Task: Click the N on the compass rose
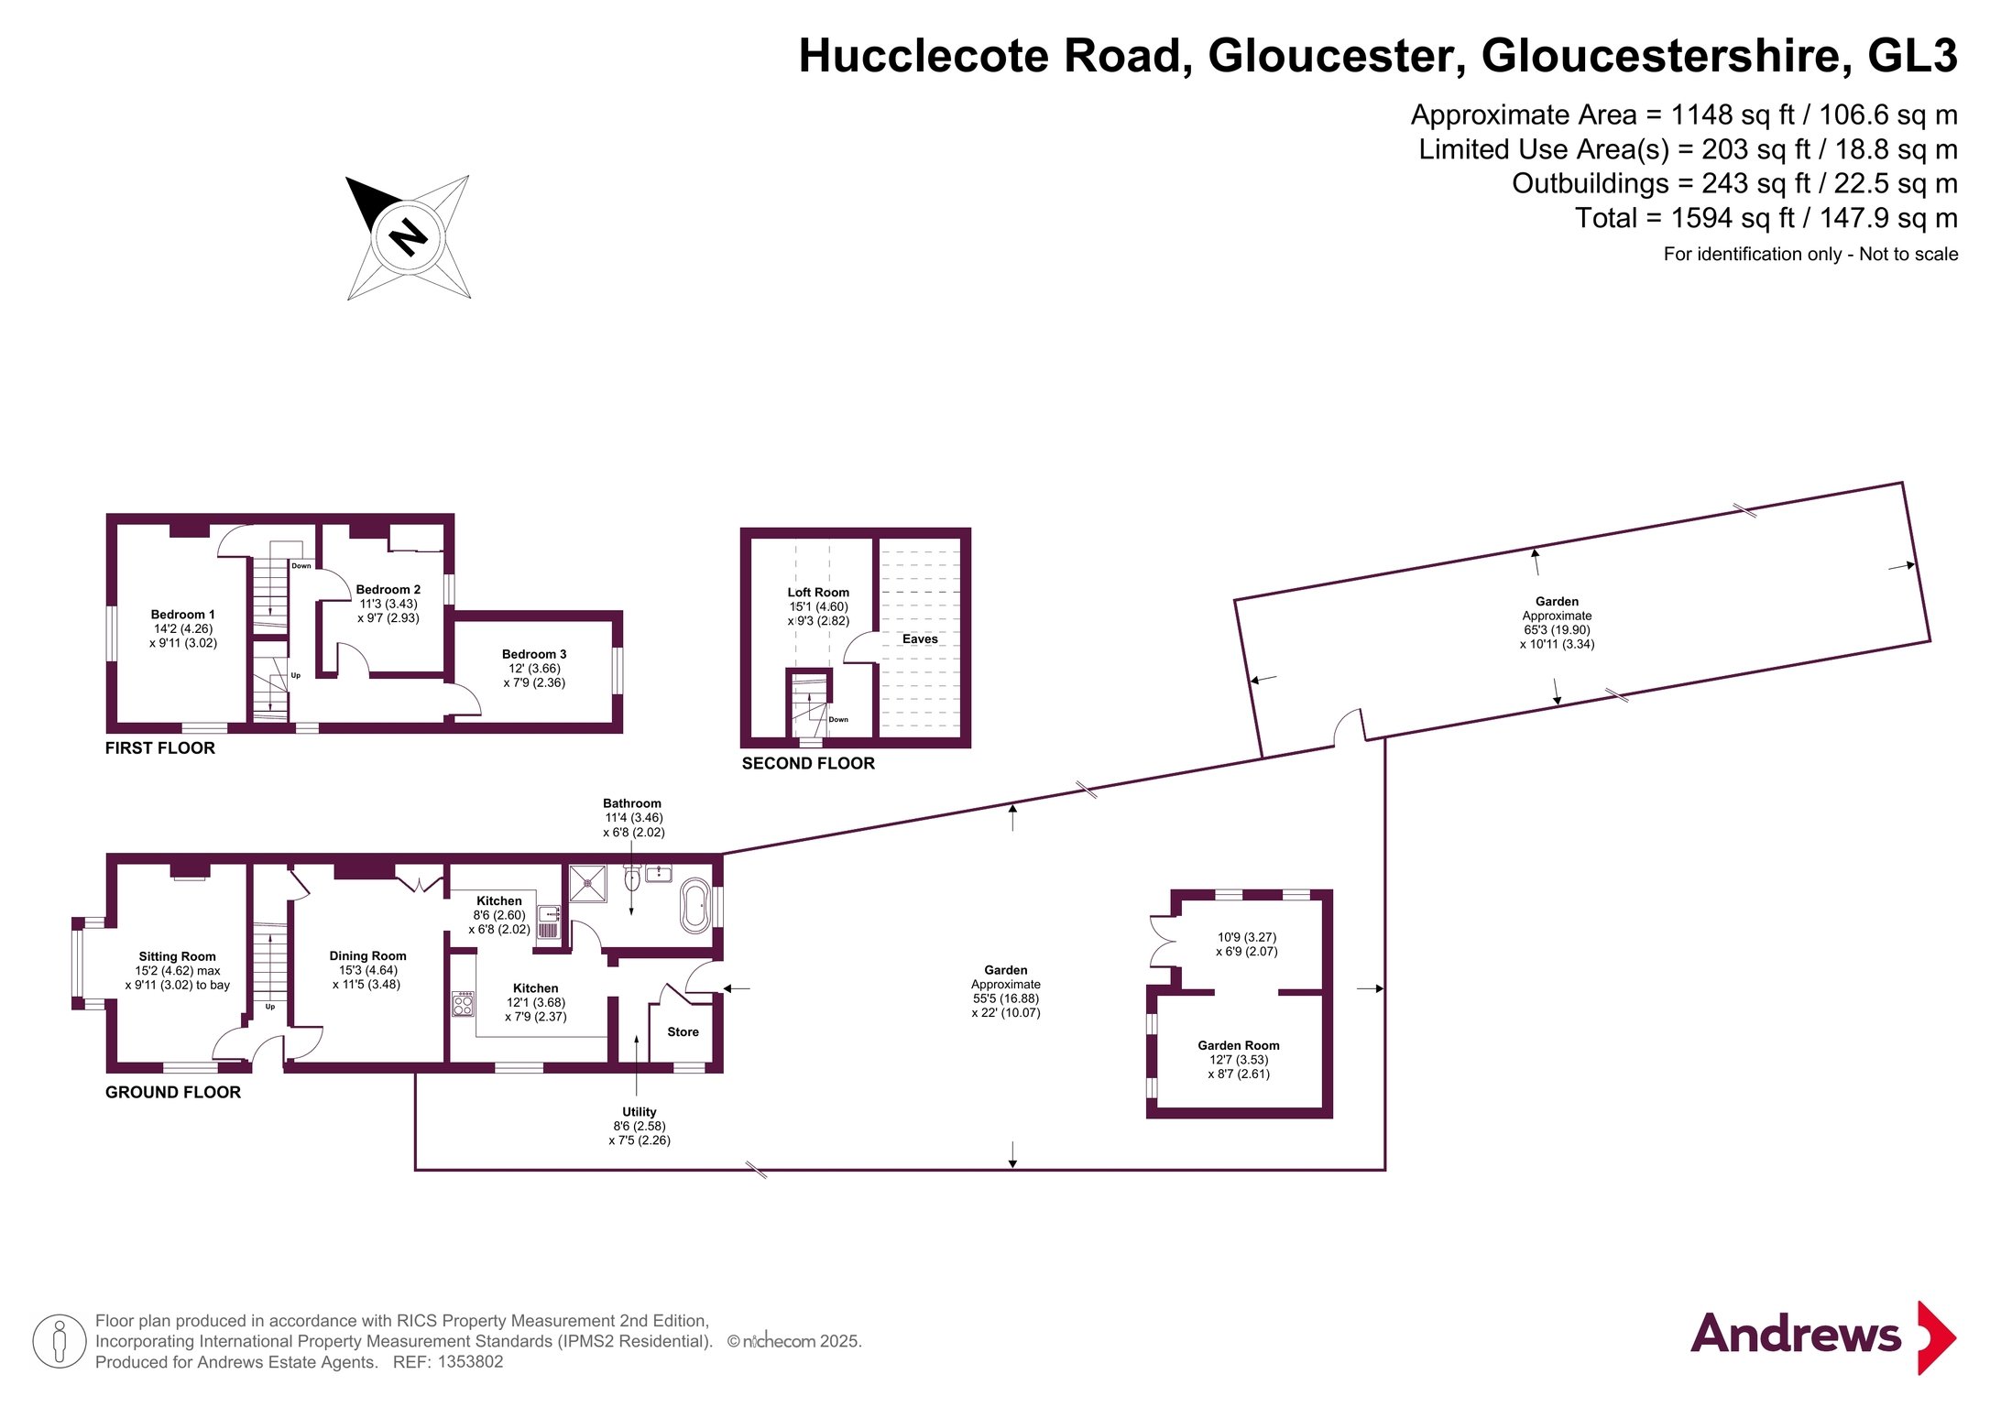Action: (x=409, y=238)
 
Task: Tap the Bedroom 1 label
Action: (x=183, y=615)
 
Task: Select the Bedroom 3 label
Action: (x=534, y=654)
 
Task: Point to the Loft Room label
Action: (x=818, y=593)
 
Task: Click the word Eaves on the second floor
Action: (x=920, y=639)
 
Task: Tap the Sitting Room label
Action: (x=178, y=956)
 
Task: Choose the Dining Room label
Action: (x=367, y=955)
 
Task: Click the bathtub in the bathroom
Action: (x=694, y=906)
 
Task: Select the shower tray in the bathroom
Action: (x=587, y=883)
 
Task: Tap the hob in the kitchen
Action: (x=464, y=1004)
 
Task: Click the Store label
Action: (x=683, y=1032)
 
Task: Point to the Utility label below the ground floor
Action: (x=640, y=1112)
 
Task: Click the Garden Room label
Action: (x=1239, y=1045)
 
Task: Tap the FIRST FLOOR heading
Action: (x=160, y=748)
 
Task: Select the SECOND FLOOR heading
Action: (x=808, y=764)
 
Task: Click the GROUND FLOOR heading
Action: (x=173, y=1093)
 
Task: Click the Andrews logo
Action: (x=1823, y=1336)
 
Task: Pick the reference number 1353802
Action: (x=470, y=1362)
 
